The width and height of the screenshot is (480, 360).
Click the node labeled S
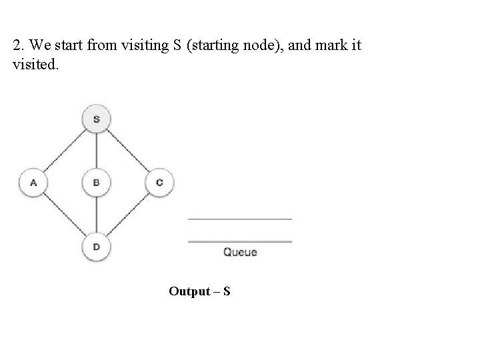pyautogui.click(x=96, y=120)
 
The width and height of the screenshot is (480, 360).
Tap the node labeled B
pyautogui.click(x=96, y=182)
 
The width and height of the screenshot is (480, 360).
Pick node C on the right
pyautogui.click(x=159, y=182)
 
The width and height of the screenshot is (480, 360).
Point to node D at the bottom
pyautogui.click(x=96, y=247)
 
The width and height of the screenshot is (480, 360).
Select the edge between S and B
pyautogui.click(x=96, y=151)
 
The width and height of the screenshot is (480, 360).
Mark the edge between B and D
pyautogui.click(x=96, y=215)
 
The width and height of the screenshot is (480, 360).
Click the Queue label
pyautogui.click(x=240, y=252)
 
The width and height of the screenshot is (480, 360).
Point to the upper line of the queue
pyautogui.click(x=240, y=219)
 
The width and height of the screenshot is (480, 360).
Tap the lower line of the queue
pyautogui.click(x=240, y=241)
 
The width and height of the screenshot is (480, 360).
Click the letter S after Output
pyautogui.click(x=227, y=291)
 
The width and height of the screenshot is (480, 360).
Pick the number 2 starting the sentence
pyautogui.click(x=16, y=47)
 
